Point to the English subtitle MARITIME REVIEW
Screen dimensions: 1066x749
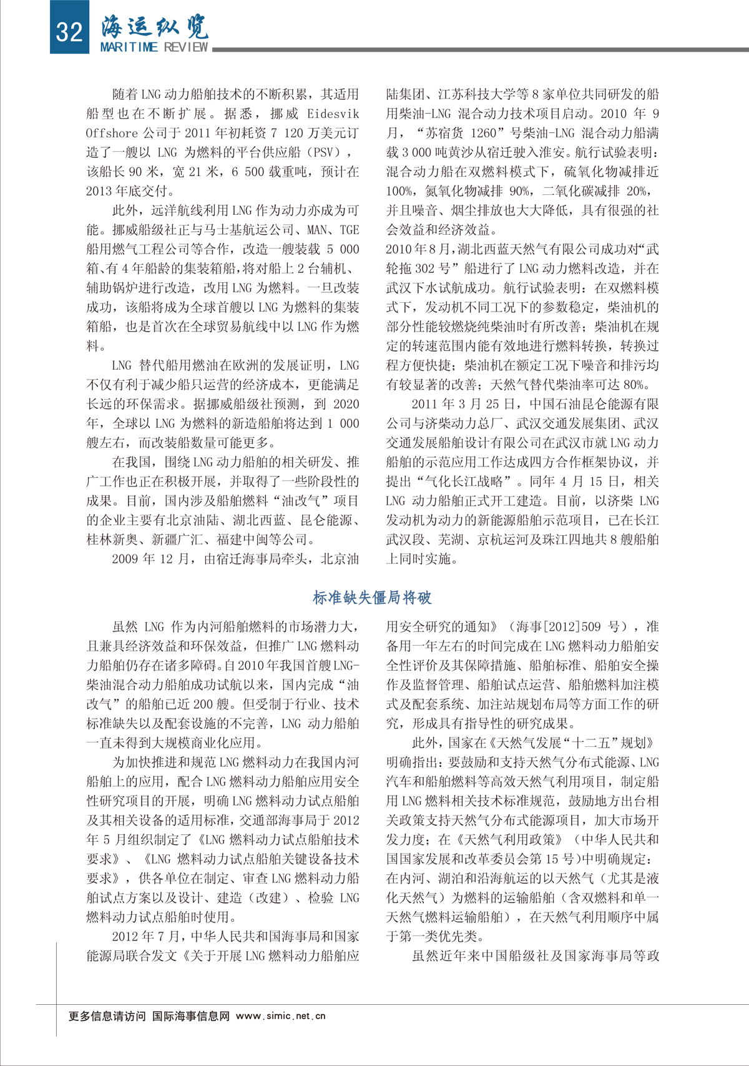tap(155, 47)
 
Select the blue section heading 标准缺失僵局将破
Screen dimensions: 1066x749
tap(372, 598)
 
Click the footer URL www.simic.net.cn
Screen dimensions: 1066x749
tap(281, 1016)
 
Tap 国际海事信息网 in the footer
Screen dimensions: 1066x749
tap(191, 1016)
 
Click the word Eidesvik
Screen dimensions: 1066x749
tap(333, 114)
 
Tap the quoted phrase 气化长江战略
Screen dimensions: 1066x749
tap(464, 481)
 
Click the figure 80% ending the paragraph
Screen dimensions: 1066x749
tap(636, 385)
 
